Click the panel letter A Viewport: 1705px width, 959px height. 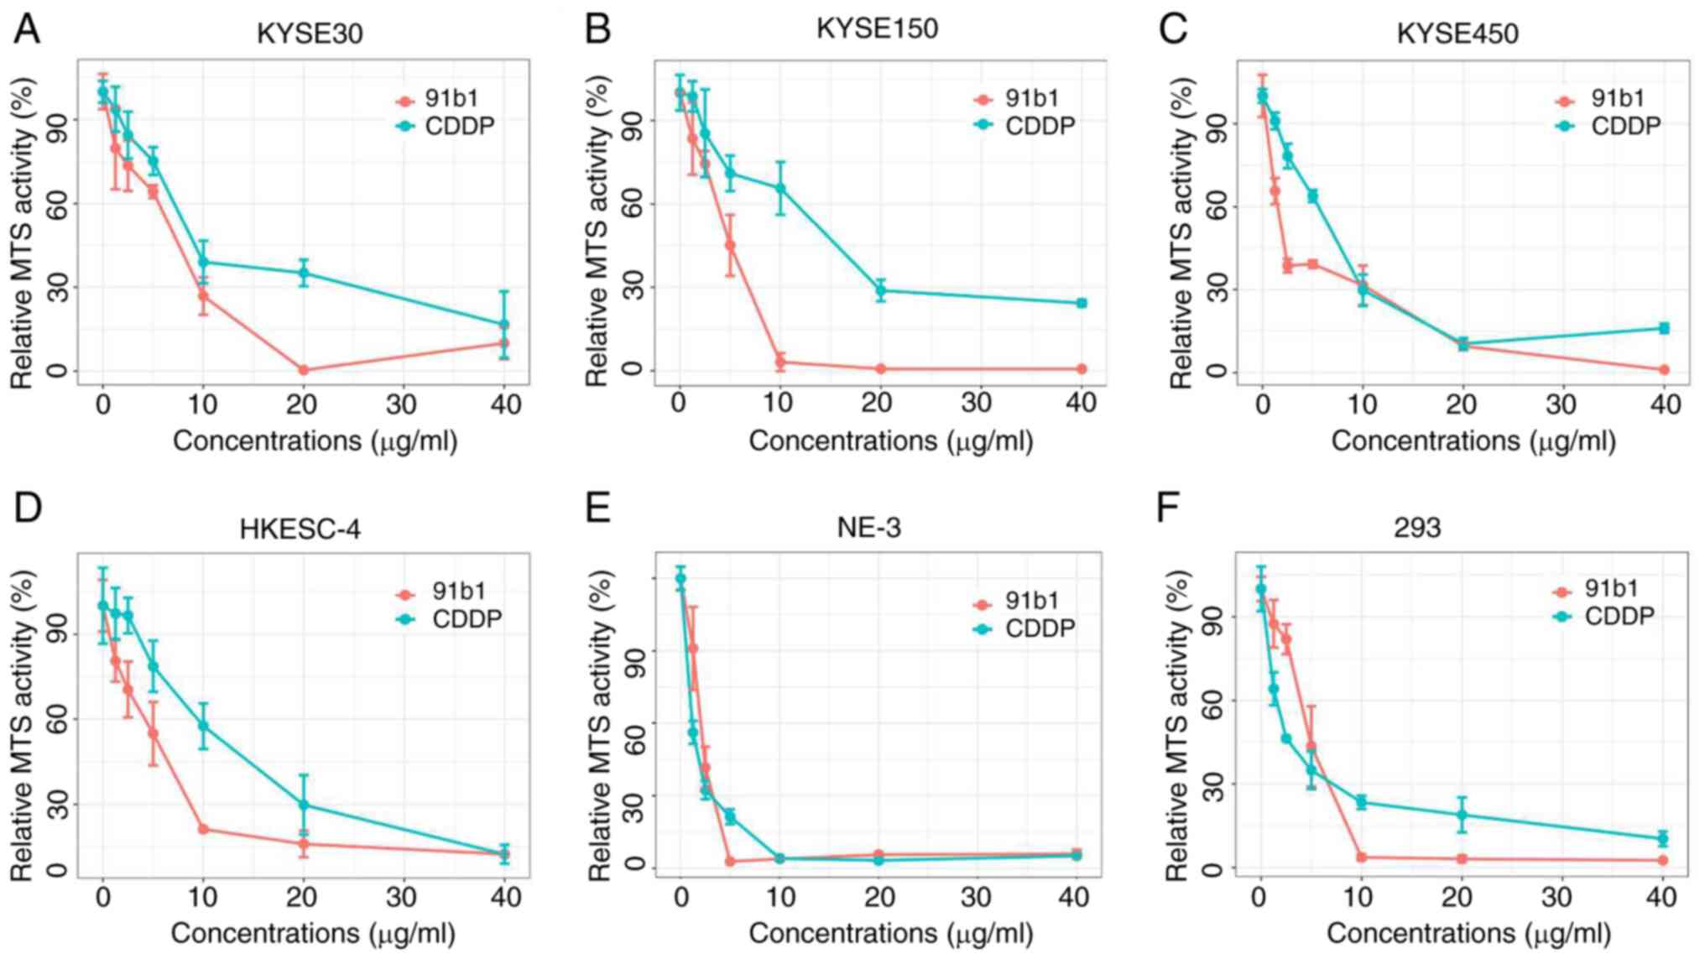[x=27, y=29]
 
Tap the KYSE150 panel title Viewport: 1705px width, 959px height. [x=877, y=29]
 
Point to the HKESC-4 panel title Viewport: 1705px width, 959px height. [x=300, y=529]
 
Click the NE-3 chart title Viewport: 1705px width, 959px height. [x=868, y=528]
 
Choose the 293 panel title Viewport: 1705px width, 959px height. [x=1416, y=528]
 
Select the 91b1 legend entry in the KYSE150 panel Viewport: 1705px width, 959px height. [x=1018, y=99]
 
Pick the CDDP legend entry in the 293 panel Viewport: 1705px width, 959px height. [x=1604, y=617]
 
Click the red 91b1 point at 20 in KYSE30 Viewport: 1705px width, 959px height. [x=303, y=370]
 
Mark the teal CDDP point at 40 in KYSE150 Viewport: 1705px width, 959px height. [x=1082, y=303]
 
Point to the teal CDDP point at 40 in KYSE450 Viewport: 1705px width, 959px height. [x=1664, y=328]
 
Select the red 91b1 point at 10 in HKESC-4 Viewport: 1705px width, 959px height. [x=202, y=829]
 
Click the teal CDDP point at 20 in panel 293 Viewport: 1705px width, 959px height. [x=1462, y=815]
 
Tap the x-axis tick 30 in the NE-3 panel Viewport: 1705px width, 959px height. [x=976, y=898]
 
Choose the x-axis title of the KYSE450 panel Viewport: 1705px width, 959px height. [x=1473, y=441]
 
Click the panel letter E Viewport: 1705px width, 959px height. [x=597, y=508]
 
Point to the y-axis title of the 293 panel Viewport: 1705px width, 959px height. [x=1178, y=726]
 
